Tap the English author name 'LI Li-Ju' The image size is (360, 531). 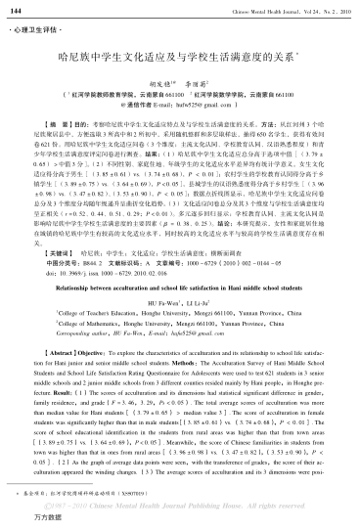pos(200,278)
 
